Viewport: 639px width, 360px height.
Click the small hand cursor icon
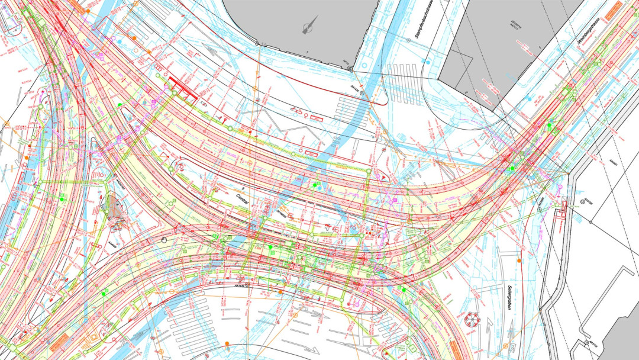164,239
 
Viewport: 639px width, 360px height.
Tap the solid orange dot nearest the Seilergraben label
519,261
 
